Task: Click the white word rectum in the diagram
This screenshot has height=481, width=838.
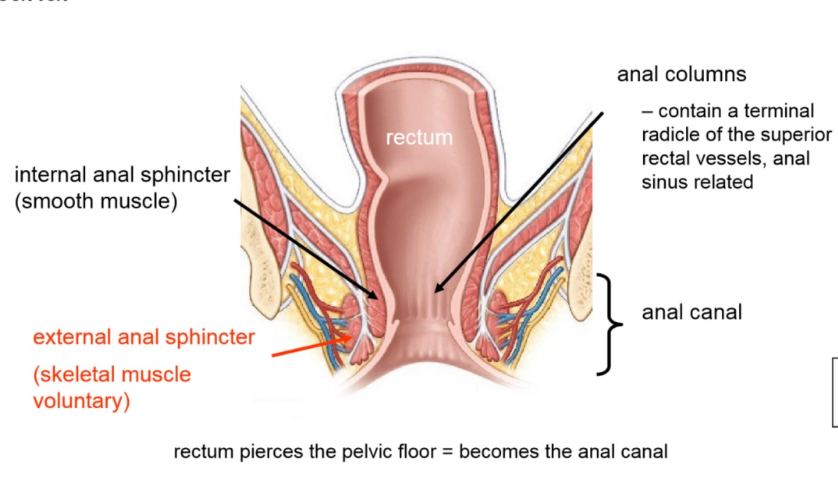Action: (419, 137)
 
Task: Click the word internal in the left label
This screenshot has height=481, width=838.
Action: (51, 175)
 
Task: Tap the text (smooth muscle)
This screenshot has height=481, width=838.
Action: (96, 202)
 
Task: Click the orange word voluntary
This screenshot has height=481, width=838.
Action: (81, 400)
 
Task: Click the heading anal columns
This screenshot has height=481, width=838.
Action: (682, 74)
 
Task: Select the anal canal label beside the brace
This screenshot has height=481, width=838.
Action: (692, 311)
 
